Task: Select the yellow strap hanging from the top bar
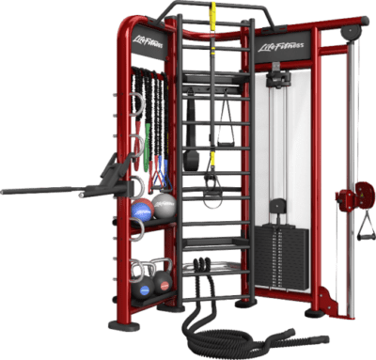click(213, 16)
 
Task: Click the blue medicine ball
click(142, 210)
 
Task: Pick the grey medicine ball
click(164, 206)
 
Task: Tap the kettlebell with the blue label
click(143, 286)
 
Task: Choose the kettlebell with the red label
click(163, 280)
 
